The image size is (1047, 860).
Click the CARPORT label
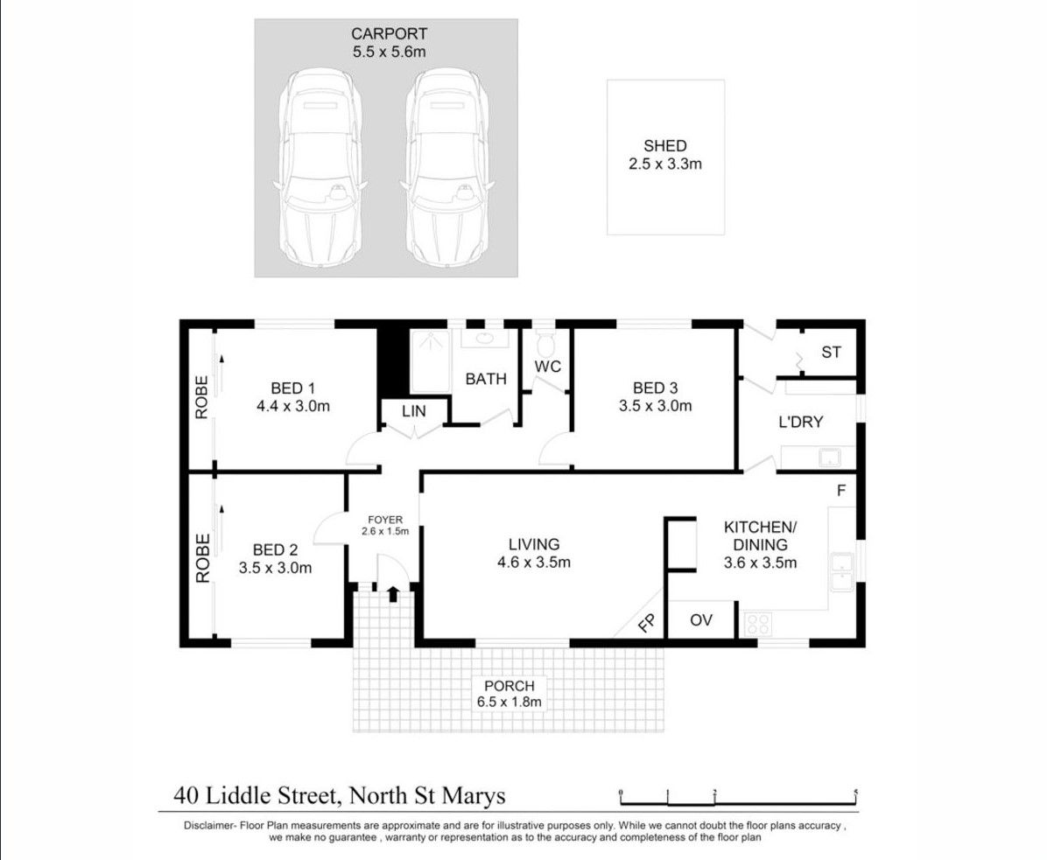tap(389, 34)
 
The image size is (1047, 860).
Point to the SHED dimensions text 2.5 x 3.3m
tap(665, 164)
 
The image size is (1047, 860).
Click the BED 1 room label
tap(292, 388)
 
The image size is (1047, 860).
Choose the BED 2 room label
tap(275, 549)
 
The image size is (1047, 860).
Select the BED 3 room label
tap(656, 388)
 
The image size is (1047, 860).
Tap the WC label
tap(548, 367)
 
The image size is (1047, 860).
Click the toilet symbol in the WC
tap(545, 338)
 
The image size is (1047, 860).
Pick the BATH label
tap(485, 379)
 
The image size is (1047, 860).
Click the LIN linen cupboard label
tap(413, 411)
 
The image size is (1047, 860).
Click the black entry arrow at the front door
tap(392, 595)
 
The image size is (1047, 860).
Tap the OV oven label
tap(700, 620)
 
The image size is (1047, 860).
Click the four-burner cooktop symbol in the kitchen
tap(757, 625)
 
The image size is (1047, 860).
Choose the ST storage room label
tap(831, 353)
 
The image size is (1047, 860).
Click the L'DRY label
tap(801, 422)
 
